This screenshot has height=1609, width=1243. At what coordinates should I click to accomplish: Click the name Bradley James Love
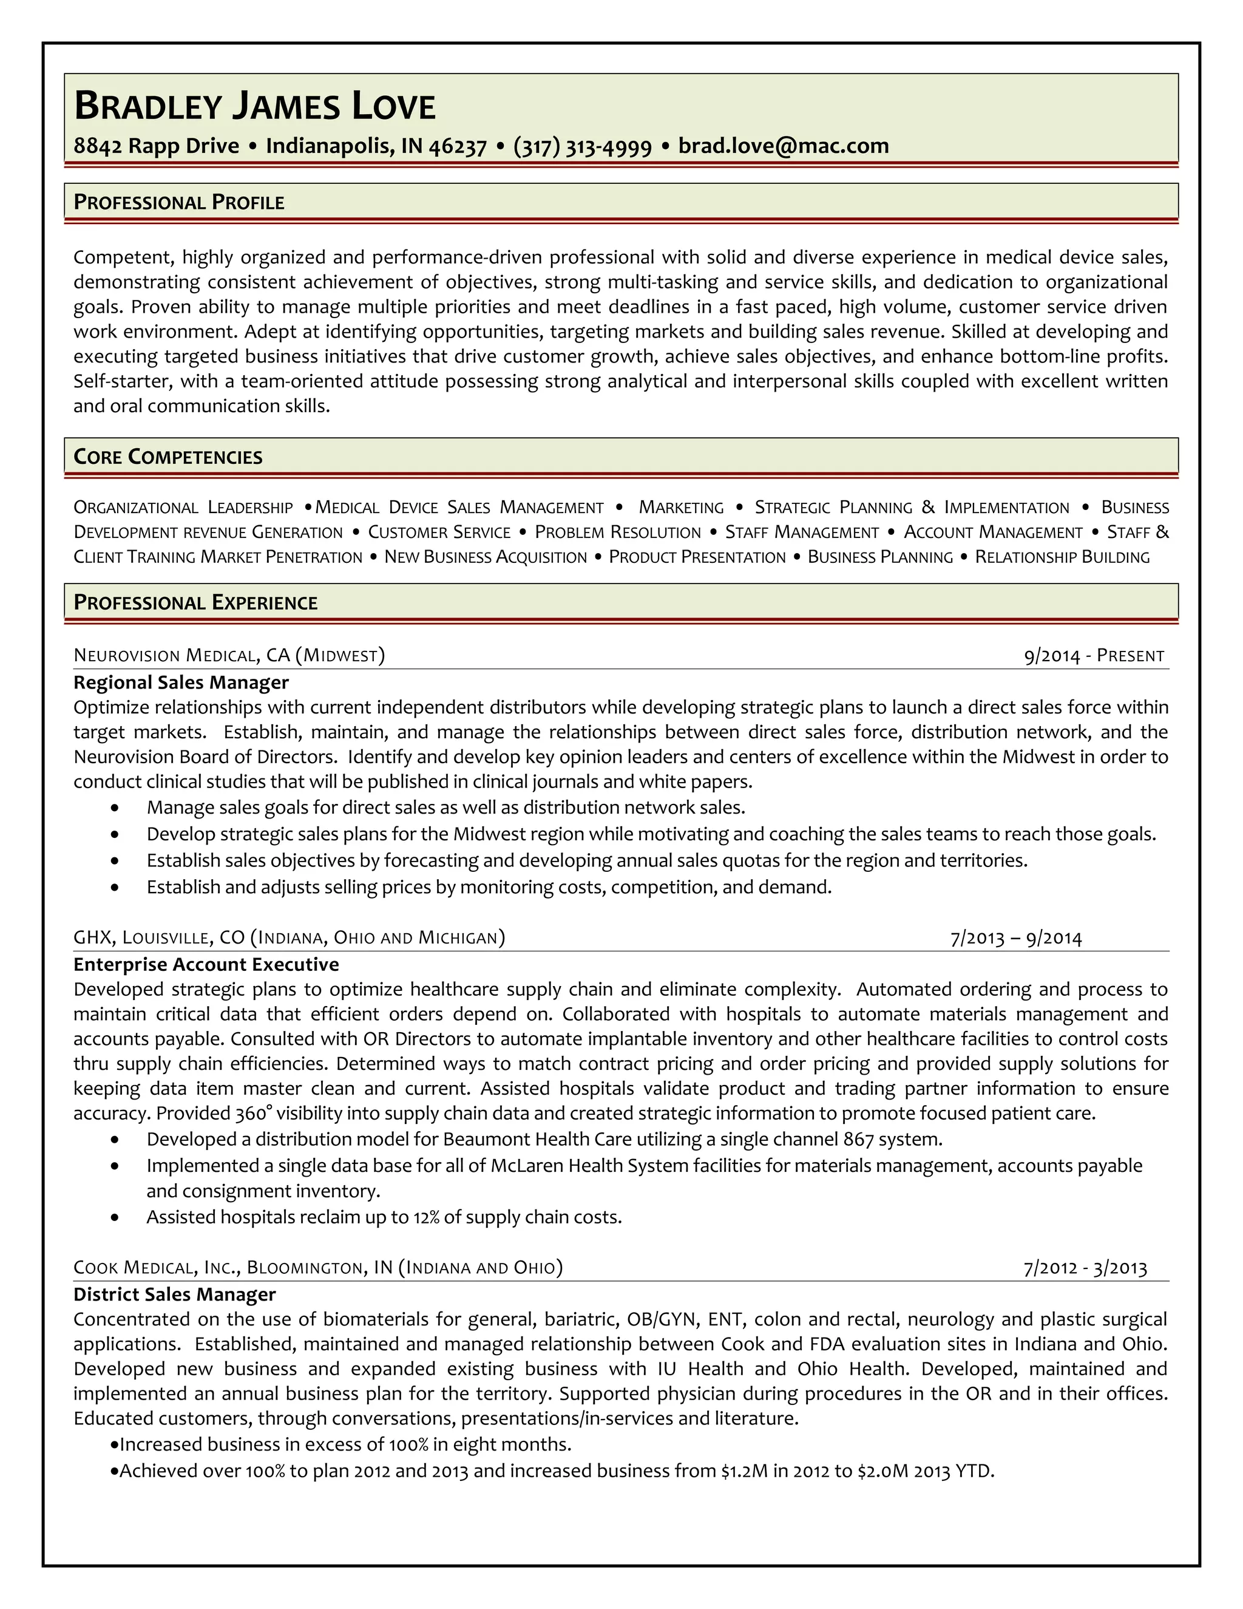click(255, 107)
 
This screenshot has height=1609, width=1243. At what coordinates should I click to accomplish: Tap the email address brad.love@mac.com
click(783, 146)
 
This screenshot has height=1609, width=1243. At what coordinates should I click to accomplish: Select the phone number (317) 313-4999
click(581, 146)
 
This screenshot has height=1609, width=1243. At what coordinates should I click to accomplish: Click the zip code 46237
click(457, 146)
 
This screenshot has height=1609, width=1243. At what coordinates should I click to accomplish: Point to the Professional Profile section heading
click(179, 203)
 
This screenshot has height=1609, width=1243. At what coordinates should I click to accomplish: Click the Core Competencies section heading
click(168, 457)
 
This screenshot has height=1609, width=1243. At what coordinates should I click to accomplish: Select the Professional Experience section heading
click(195, 603)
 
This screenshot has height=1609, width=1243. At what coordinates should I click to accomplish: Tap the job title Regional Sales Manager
click(181, 682)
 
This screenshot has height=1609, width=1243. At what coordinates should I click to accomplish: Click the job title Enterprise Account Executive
click(206, 964)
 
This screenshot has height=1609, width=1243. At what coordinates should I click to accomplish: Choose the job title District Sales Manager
click(175, 1294)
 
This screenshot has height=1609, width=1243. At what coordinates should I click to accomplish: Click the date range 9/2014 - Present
click(1094, 656)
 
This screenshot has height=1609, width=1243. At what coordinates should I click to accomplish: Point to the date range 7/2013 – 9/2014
click(1015, 938)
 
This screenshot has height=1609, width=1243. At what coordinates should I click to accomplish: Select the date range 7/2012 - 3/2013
click(1085, 1268)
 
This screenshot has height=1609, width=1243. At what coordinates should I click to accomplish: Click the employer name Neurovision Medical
click(165, 656)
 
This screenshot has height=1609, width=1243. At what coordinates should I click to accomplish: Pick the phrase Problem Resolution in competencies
click(617, 532)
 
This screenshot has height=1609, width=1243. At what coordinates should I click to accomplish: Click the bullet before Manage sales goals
click(115, 808)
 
